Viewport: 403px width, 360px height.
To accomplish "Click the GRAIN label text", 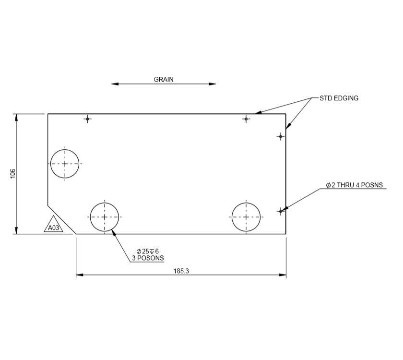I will (164, 80).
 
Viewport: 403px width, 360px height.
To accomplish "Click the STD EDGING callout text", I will (339, 98).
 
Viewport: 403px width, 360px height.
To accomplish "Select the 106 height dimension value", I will (13, 174).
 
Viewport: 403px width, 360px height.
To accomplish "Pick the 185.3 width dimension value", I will (181, 271).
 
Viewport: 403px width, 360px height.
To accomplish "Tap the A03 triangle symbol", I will (54, 227).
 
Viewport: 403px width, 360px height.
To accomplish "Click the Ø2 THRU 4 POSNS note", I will (354, 185).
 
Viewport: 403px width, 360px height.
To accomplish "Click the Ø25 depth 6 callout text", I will (147, 251).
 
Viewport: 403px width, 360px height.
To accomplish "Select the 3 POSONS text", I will (147, 258).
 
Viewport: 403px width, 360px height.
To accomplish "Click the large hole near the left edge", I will (64, 164).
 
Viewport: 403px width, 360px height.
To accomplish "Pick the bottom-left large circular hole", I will (104, 217).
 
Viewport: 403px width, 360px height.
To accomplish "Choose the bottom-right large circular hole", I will (246, 217).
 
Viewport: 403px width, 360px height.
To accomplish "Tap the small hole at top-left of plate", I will (87, 119).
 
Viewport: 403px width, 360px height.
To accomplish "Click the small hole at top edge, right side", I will (246, 119).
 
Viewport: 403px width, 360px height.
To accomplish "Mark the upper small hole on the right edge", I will (281, 136).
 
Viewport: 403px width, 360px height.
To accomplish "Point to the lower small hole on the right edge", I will (281, 211).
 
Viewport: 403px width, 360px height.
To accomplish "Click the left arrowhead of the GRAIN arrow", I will (115, 84).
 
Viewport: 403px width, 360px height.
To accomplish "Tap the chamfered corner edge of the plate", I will (61, 219).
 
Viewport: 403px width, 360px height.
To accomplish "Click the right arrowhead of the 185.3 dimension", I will (283, 275).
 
